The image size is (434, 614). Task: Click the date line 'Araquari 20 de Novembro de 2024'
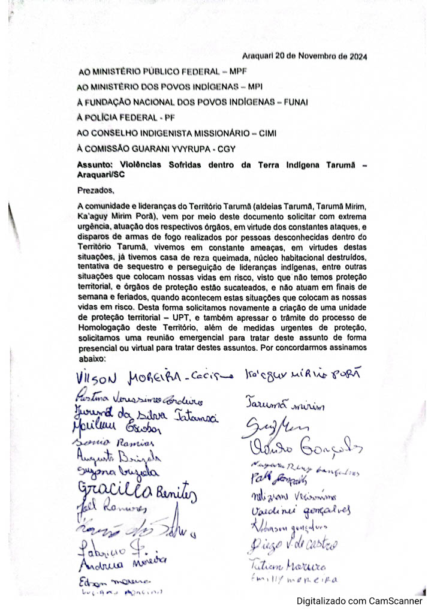coord(305,57)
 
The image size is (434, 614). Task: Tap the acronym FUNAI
coord(294,102)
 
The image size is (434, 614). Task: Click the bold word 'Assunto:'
coord(96,164)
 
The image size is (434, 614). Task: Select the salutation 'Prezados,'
coord(95,191)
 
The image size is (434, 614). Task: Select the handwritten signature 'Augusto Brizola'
coord(113,457)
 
